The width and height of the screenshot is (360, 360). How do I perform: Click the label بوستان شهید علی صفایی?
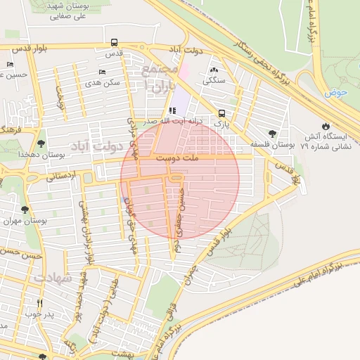(x=77, y=9)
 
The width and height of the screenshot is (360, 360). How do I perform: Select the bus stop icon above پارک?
(x=221, y=113)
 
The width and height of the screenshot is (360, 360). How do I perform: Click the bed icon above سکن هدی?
(x=102, y=72)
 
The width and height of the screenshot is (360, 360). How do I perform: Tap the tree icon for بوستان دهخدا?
(x=41, y=134)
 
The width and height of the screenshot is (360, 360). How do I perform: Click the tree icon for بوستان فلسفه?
(x=272, y=133)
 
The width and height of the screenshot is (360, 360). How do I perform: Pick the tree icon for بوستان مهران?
(x=25, y=210)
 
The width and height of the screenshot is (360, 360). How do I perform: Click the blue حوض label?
(x=337, y=93)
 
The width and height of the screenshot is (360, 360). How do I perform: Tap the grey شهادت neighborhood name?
(x=53, y=278)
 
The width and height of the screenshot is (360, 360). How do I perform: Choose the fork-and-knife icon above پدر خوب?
(x=39, y=304)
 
